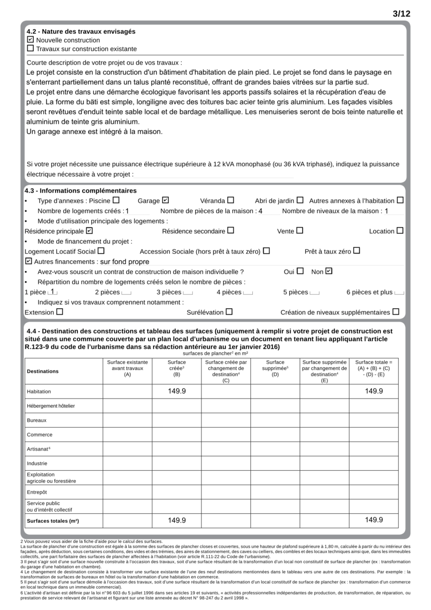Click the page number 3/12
[x=401, y=14]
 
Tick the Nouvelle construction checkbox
[x=30, y=40]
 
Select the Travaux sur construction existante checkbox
[x=30, y=49]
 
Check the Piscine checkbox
[x=116, y=200]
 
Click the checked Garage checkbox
[x=165, y=200]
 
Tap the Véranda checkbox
[x=231, y=200]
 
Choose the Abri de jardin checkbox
[x=300, y=200]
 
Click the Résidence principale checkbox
[x=89, y=231]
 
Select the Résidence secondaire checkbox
[x=231, y=231]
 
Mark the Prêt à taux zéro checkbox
[x=357, y=251]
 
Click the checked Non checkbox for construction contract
[x=329, y=271]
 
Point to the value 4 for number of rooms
[x=261, y=211]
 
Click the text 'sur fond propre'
[x=124, y=262]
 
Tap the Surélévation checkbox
[x=229, y=312]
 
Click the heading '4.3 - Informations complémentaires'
[x=73, y=191]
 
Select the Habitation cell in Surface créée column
[x=177, y=391]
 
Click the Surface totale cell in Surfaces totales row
[x=373, y=520]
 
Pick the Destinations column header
[x=43, y=371]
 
